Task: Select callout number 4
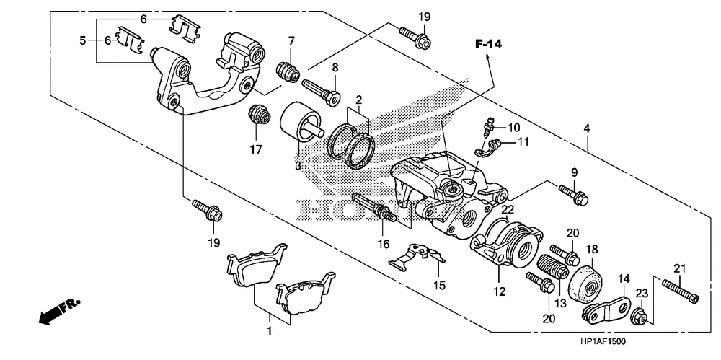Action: (587, 128)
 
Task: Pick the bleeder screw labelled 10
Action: (491, 129)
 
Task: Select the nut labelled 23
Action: (639, 315)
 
